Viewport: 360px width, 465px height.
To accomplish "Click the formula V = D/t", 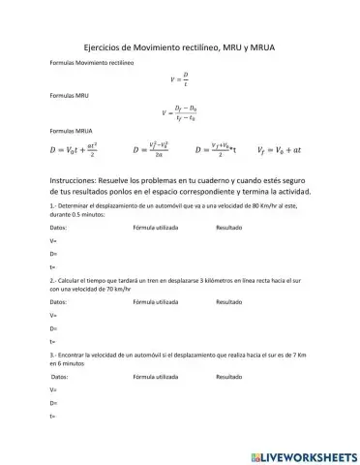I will (x=180, y=79).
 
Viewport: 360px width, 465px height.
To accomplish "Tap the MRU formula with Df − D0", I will (x=180, y=113).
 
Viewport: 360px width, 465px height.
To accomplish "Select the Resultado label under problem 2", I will (x=228, y=302).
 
